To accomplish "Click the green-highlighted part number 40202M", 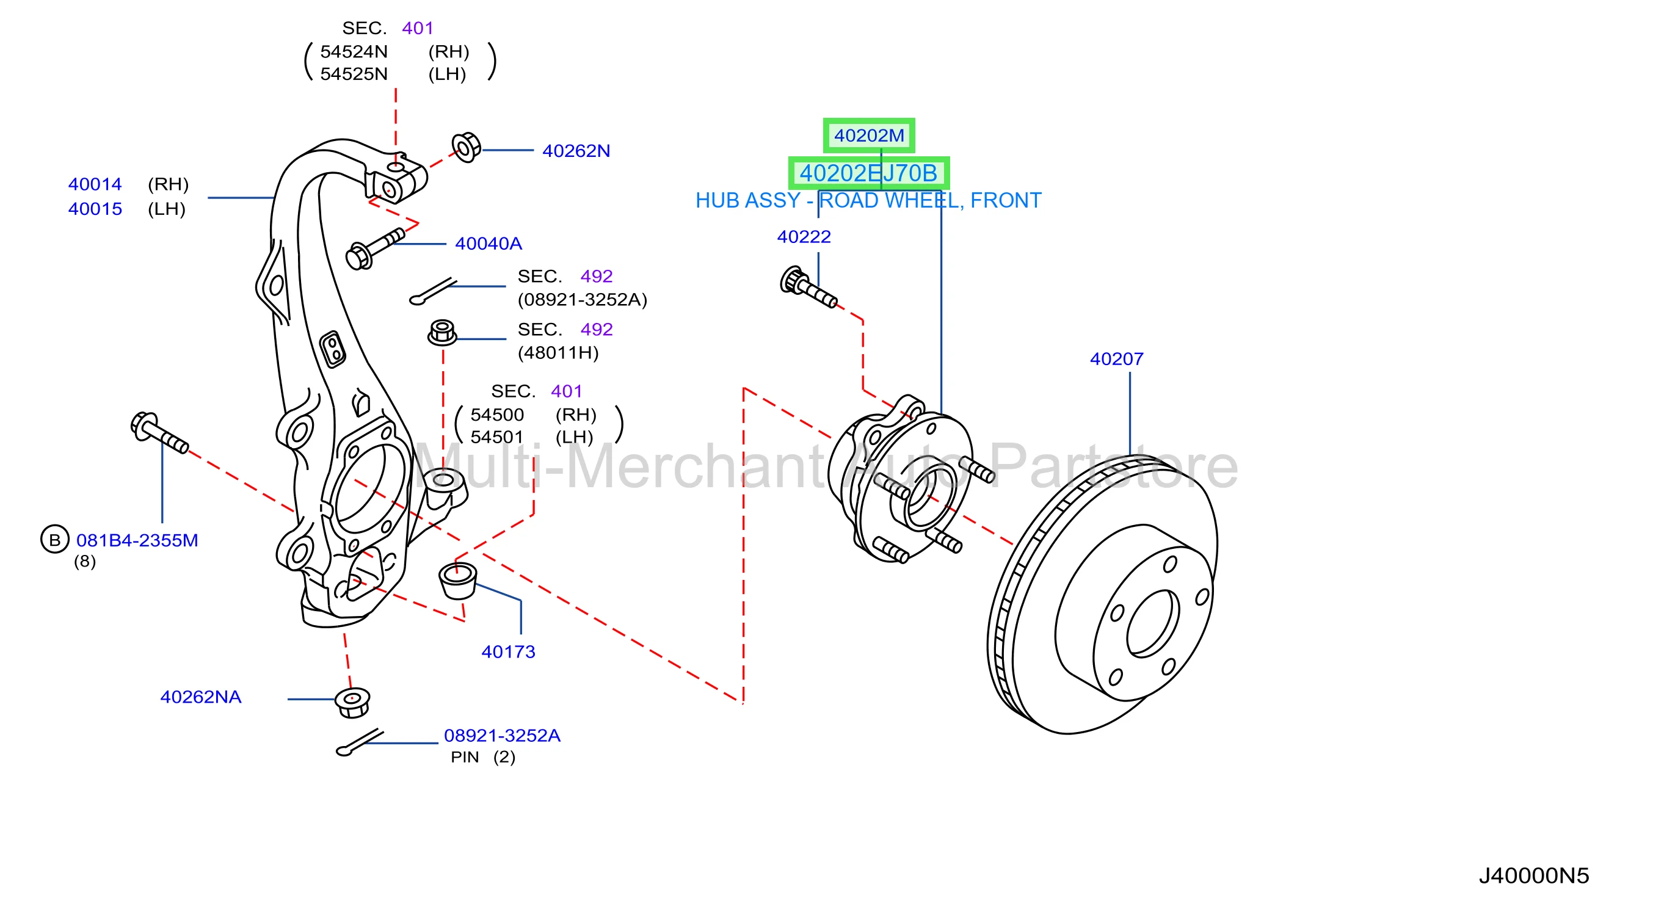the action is tap(869, 136).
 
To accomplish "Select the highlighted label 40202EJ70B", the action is tap(868, 173).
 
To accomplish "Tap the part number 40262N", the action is tap(576, 151).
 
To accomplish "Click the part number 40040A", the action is tap(489, 244).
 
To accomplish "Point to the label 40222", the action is tap(804, 237).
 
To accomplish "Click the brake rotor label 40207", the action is tap(1116, 359).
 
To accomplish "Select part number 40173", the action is tap(508, 652).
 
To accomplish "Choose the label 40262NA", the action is tap(201, 697).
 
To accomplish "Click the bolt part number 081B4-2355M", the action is tap(137, 540).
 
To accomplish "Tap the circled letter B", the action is tap(54, 540).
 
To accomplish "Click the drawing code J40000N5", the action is tap(1534, 876).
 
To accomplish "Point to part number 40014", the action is tap(95, 184).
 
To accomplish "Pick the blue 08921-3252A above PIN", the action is tap(503, 735).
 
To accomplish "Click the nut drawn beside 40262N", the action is tap(466, 148).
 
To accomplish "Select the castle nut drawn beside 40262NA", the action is tap(352, 703).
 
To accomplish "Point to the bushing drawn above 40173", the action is tap(457, 580).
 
